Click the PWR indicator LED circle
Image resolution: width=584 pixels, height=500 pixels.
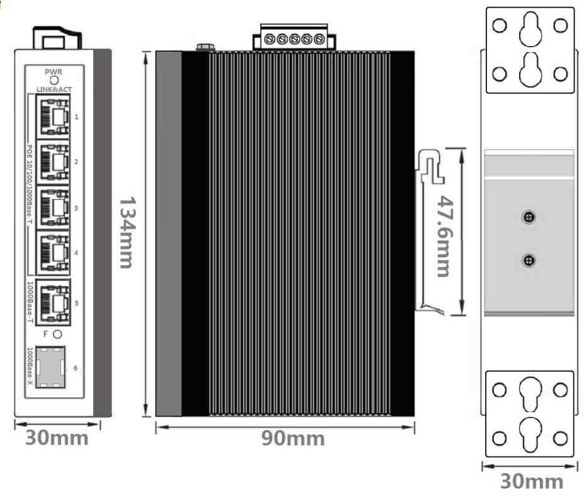click(x=54, y=80)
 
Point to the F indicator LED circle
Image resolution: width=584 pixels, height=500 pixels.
click(x=57, y=334)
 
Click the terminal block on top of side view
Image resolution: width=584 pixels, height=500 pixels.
click(x=293, y=39)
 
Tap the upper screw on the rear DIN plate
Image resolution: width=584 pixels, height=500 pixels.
click(x=529, y=217)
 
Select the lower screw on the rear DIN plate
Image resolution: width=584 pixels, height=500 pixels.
click(x=529, y=260)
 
